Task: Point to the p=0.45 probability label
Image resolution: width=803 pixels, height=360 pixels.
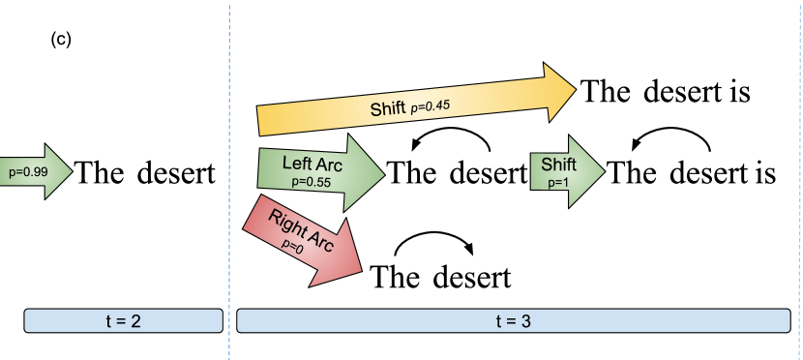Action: (431, 105)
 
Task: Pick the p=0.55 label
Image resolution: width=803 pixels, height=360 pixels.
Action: (312, 180)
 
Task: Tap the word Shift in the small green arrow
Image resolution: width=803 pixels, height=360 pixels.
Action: (558, 164)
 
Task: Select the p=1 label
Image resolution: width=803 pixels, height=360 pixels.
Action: (558, 181)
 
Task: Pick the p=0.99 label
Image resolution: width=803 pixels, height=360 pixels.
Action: (27, 172)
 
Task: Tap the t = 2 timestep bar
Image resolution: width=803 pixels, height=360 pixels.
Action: (123, 321)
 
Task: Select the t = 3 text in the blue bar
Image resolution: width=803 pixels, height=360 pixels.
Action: (513, 321)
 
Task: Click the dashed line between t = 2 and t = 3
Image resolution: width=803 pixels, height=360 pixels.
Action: (229, 194)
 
